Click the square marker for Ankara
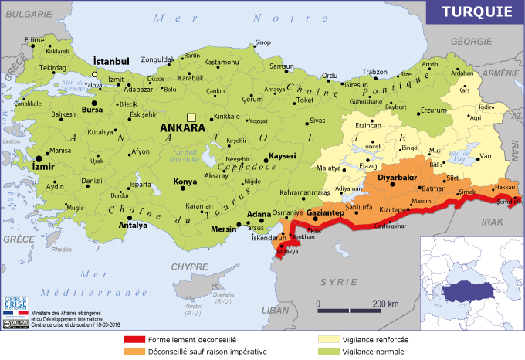coord(191,117)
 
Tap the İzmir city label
coord(45,165)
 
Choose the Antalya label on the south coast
coord(133,226)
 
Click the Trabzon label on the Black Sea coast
coord(374,72)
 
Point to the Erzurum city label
coord(433,110)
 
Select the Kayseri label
coord(283,155)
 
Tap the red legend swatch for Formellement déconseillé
coord(134,339)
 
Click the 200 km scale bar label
coord(384,303)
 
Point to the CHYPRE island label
coord(190,266)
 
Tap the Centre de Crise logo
coord(15,307)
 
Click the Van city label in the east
coord(486,156)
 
